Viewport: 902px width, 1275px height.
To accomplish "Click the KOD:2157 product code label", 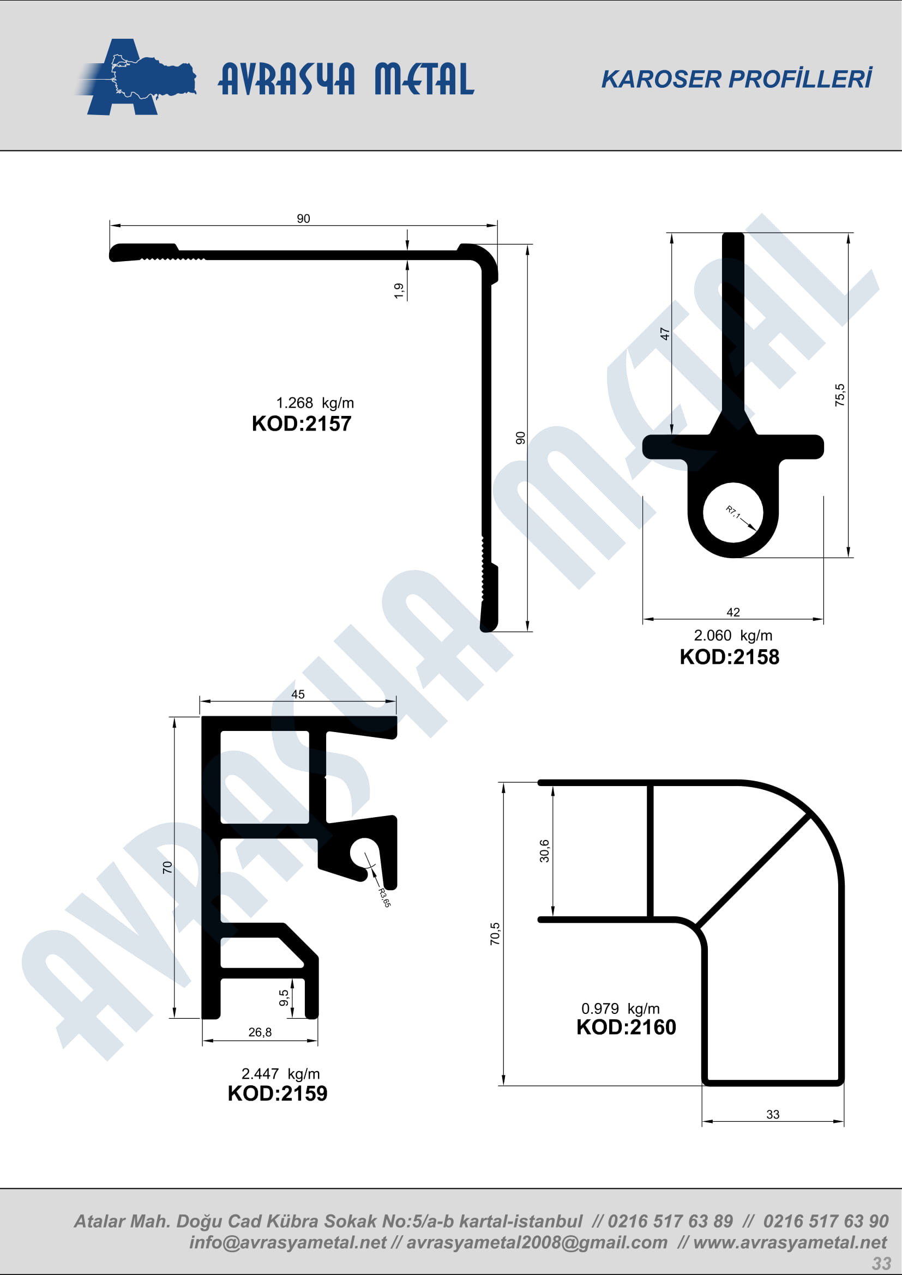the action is [x=302, y=424].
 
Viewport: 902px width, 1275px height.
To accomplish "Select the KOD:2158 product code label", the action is [x=729, y=657].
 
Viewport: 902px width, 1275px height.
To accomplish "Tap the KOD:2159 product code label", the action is [x=277, y=1093].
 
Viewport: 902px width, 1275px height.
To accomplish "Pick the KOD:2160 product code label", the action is [x=626, y=1027].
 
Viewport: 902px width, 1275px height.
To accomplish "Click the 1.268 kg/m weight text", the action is [x=315, y=403].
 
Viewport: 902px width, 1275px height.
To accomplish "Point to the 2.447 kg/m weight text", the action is [x=280, y=1073].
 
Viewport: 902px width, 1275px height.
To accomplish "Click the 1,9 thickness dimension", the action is [x=399, y=291].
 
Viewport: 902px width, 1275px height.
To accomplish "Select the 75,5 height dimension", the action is [x=840, y=395].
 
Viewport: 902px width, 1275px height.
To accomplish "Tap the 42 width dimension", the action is [x=733, y=612].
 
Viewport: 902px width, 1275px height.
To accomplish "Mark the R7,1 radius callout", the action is [x=733, y=512].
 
